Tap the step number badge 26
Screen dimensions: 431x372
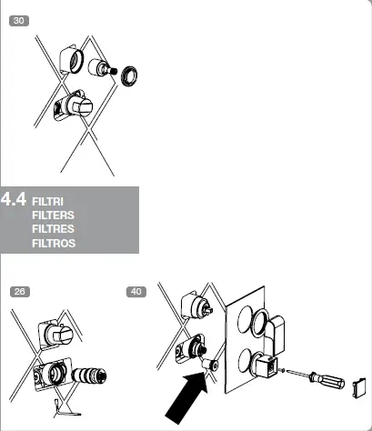point(19,292)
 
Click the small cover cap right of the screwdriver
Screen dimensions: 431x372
point(359,387)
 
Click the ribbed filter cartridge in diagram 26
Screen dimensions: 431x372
point(89,375)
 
